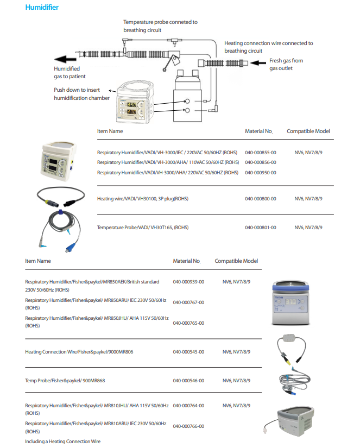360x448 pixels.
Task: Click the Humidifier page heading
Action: click(x=42, y=8)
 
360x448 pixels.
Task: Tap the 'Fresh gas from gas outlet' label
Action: click(x=286, y=64)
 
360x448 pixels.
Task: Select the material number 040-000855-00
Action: click(x=260, y=153)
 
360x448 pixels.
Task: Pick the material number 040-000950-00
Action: click(x=260, y=173)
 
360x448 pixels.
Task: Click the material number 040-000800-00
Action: click(x=260, y=199)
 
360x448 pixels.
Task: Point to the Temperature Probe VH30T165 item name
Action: click(x=143, y=228)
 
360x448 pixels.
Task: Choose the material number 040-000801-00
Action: click(x=260, y=228)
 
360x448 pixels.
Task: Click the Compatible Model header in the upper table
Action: click(x=308, y=131)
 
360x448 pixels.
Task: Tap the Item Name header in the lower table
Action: click(x=38, y=261)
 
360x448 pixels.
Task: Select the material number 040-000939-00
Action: click(x=188, y=282)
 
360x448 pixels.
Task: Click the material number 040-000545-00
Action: click(x=188, y=352)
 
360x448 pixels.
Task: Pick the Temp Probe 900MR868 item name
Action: click(x=65, y=381)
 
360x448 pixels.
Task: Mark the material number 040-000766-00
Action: click(x=188, y=426)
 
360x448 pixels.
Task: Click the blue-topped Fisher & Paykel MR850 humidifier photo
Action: click(x=293, y=305)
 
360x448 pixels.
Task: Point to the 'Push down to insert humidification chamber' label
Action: click(x=81, y=93)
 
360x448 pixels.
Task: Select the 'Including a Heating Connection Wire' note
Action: click(x=62, y=441)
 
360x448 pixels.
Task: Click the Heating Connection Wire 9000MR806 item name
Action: click(x=79, y=352)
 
